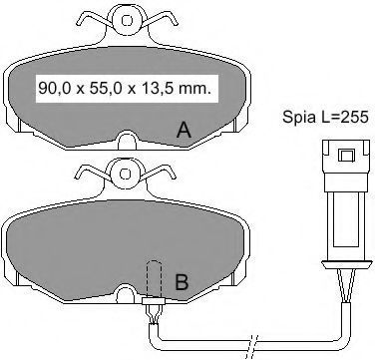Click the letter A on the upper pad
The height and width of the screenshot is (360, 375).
click(x=184, y=131)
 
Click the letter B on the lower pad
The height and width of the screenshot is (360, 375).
click(x=182, y=283)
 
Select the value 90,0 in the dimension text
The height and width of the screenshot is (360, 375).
click(x=54, y=89)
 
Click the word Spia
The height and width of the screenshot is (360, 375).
click(x=297, y=118)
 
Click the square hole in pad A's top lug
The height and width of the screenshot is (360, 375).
click(x=127, y=21)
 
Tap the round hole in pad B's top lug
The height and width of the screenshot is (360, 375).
click(x=125, y=174)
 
